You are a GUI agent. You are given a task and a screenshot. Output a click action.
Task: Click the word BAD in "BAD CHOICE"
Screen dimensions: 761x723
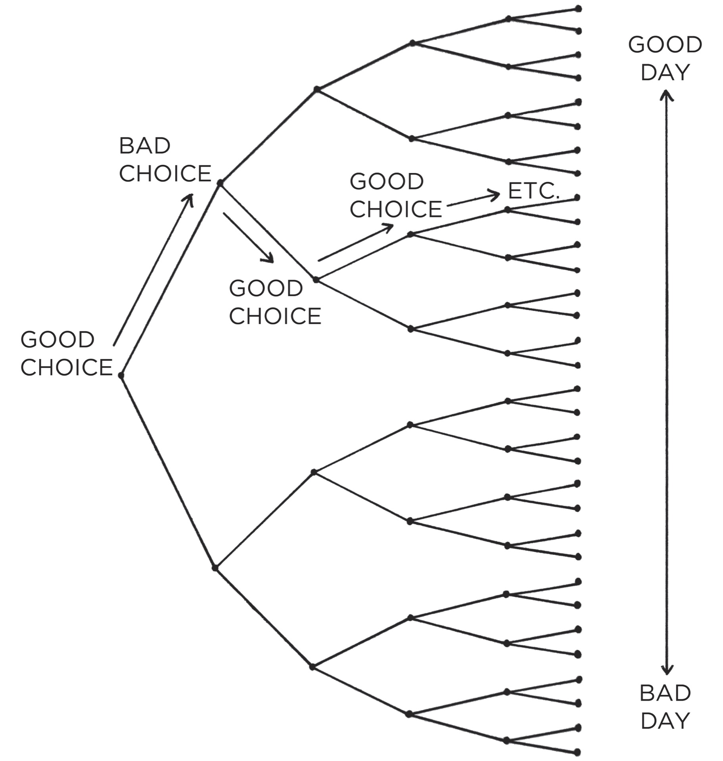144,146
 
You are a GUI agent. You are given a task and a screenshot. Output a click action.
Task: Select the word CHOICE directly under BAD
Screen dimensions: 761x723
165,173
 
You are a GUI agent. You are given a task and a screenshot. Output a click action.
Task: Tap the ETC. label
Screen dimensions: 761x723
533,191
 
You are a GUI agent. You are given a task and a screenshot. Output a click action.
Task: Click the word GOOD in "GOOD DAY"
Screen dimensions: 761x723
665,44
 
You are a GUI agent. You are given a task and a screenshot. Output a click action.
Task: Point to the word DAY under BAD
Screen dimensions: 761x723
665,721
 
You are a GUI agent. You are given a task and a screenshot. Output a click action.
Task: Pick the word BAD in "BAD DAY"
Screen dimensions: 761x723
665,693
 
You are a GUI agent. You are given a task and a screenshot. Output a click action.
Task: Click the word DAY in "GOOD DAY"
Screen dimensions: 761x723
665,72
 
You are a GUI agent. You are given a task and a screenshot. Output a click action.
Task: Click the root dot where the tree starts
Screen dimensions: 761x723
121,375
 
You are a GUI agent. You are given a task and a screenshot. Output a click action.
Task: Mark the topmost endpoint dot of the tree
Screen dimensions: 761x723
578,9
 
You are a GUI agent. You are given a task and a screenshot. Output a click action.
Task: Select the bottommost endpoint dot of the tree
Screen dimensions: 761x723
577,752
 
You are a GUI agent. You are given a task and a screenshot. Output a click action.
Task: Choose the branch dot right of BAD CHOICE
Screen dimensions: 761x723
221,183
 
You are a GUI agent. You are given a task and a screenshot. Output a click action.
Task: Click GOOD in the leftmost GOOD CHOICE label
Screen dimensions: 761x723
58,340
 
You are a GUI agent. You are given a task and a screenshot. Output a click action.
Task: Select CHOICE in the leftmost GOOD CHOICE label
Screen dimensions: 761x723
67,367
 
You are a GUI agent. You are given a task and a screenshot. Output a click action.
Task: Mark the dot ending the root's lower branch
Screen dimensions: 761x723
215,568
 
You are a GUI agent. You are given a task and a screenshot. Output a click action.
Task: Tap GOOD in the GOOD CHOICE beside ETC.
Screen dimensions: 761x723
387,181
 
